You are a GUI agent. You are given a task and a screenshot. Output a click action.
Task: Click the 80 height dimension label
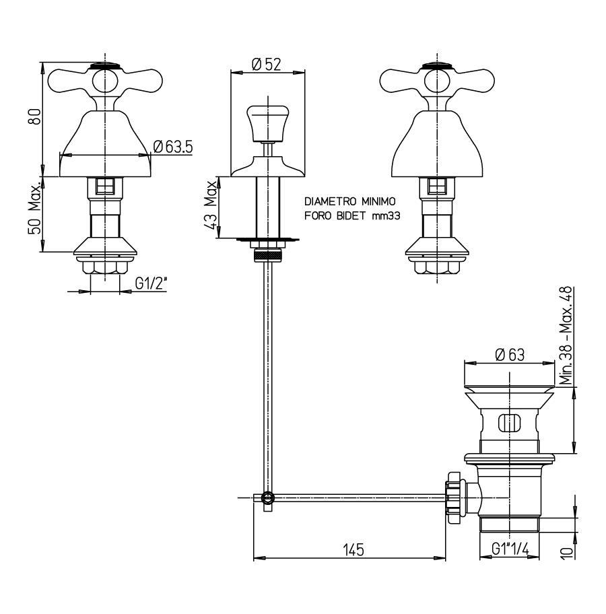click(34, 117)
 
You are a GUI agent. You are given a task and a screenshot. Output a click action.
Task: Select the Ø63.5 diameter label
click(173, 147)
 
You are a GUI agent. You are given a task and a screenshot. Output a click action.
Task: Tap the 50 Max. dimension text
click(34, 208)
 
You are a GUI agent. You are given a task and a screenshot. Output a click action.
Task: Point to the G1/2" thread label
click(151, 283)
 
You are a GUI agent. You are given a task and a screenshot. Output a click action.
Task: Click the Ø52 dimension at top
click(267, 64)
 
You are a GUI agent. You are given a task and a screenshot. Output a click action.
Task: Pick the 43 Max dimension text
click(210, 205)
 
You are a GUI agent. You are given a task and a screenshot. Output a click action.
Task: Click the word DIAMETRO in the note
click(331, 201)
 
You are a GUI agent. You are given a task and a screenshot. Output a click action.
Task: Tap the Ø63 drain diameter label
click(510, 355)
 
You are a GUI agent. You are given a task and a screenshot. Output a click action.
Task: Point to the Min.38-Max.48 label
click(566, 336)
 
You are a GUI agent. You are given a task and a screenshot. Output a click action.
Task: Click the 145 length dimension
click(353, 550)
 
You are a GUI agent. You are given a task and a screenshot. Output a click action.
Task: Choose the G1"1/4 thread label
click(510, 549)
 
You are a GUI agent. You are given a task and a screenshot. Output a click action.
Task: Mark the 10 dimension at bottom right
click(567, 552)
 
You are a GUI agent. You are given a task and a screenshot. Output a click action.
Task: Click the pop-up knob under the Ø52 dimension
click(267, 123)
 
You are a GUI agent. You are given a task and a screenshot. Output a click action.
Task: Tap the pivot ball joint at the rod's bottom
click(267, 498)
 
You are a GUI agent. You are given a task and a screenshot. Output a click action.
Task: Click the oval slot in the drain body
click(510, 423)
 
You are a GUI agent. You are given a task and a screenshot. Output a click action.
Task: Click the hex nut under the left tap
click(105, 268)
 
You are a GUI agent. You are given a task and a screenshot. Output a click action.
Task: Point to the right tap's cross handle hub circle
click(437, 81)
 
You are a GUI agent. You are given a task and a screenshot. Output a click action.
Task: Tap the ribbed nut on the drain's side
click(454, 498)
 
